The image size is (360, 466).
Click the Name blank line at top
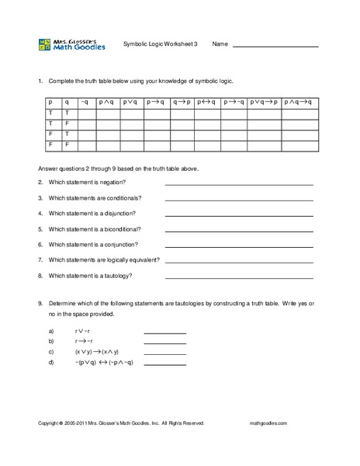click(275, 47)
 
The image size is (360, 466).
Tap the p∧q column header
click(107, 101)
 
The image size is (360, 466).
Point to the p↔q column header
click(206, 101)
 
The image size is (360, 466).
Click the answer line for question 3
click(239, 199)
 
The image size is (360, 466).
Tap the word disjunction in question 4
click(117, 213)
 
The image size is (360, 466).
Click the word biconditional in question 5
click(120, 228)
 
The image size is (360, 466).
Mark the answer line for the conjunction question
click(239, 245)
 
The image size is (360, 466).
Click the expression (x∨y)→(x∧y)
click(97, 351)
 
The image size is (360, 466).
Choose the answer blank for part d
click(164, 363)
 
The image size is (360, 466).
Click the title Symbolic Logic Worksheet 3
click(161, 43)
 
